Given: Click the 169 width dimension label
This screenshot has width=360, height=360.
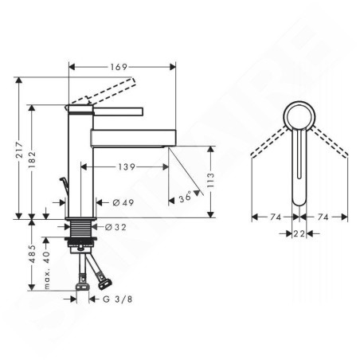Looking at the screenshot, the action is click(x=119, y=67).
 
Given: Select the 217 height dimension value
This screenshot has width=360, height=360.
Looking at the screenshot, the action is click(x=20, y=150).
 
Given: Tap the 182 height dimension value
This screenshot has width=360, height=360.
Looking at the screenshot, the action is click(x=32, y=159).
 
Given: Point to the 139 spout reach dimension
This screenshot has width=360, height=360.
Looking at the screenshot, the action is click(x=127, y=166).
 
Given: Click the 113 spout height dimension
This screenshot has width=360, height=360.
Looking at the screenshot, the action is click(x=210, y=180).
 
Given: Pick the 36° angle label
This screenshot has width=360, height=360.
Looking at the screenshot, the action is click(x=185, y=197).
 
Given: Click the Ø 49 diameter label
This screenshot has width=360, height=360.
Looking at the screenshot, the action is click(x=123, y=202).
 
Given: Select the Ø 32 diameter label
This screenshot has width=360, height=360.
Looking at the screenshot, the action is click(x=115, y=227).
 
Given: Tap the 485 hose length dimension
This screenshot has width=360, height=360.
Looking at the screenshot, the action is click(x=32, y=253).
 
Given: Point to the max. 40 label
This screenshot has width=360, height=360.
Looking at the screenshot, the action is click(x=46, y=270).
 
